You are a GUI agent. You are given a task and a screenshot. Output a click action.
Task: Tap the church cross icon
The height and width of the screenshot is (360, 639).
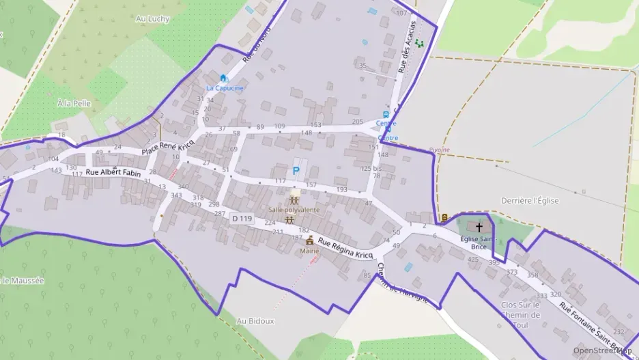(479, 226)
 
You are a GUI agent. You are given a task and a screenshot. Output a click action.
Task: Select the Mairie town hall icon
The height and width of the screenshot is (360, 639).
(310, 240)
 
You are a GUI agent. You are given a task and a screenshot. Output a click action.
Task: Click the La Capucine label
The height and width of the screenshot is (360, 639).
(225, 88)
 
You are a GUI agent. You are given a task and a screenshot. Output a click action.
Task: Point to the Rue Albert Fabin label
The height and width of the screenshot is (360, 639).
(113, 174)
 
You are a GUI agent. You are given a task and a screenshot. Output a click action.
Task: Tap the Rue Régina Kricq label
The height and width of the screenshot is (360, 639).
(345, 249)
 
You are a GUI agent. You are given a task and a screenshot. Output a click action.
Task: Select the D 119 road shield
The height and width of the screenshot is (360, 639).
(242, 219)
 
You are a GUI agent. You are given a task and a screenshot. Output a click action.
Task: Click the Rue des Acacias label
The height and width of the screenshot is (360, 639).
(407, 46)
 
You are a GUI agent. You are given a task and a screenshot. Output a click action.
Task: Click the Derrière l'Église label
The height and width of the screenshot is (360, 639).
(530, 200)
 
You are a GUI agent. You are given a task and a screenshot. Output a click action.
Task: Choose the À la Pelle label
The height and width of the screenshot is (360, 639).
(72, 102)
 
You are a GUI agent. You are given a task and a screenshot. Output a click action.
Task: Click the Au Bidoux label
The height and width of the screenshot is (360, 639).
(255, 320)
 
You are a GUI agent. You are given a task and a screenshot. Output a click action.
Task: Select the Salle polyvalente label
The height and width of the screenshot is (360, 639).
(294, 210)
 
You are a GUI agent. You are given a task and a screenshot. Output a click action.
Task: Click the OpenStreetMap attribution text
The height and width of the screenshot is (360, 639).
(602, 350)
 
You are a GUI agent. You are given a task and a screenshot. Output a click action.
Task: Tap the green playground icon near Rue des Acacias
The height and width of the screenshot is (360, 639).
(419, 43)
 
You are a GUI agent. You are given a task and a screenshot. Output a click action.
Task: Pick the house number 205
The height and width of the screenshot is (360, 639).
(357, 122)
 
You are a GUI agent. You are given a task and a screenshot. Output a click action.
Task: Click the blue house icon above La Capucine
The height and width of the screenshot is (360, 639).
(223, 78)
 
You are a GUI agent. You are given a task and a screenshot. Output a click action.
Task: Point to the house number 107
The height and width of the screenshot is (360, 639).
(401, 13)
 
